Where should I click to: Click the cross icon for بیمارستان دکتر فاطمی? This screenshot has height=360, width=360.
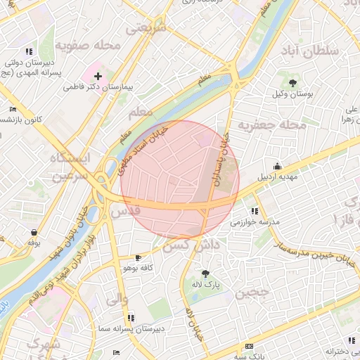coord(98,75)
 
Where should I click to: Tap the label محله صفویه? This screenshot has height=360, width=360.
coord(89,46)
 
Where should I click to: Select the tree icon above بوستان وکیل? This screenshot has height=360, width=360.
coord(283,83)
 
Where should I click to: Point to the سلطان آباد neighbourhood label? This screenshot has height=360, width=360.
coord(309,51)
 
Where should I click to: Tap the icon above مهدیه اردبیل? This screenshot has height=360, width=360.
coord(278,166)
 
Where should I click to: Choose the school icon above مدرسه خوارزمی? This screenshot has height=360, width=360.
coord(255,210)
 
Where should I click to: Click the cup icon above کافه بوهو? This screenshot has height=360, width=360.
coord(137,257)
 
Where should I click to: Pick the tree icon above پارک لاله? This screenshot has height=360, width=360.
coord(205,273)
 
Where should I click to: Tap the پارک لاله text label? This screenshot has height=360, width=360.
coord(206,284)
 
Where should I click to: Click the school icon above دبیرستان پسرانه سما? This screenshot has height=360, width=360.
coord(131,318)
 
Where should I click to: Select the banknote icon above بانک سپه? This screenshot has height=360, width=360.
coord(249,347)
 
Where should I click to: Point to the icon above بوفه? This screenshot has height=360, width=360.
coord(33,231)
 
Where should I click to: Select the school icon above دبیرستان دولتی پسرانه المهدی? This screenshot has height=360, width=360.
coord(29,51)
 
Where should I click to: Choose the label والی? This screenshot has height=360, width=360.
coord(117,299)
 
